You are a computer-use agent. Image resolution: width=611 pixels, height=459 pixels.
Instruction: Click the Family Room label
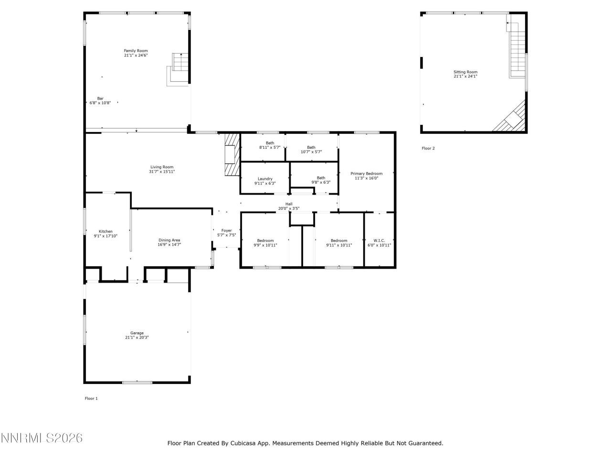click(136, 51)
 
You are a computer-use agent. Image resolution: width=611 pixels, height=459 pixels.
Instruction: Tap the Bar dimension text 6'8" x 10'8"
click(100, 103)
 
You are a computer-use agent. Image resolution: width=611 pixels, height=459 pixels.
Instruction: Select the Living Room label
click(162, 167)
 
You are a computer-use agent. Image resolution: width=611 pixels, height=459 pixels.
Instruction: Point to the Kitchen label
click(105, 231)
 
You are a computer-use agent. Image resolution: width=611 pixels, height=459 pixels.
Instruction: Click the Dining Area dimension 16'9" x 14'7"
click(169, 245)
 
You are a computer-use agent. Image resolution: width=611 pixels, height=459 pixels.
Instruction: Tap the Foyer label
click(226, 230)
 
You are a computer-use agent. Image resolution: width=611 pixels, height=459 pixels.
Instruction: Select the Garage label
click(137, 333)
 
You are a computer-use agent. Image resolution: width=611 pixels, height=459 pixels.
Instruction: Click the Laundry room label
click(265, 179)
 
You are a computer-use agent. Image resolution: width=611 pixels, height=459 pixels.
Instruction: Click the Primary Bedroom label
click(366, 174)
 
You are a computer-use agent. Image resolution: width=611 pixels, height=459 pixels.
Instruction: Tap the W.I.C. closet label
click(379, 240)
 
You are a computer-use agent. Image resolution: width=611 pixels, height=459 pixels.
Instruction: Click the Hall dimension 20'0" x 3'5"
click(289, 208)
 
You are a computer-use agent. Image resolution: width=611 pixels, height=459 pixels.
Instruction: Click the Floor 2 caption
click(428, 148)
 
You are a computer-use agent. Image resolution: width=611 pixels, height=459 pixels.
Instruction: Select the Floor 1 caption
click(91, 398)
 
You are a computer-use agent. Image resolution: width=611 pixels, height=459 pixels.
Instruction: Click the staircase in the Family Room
click(180, 62)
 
